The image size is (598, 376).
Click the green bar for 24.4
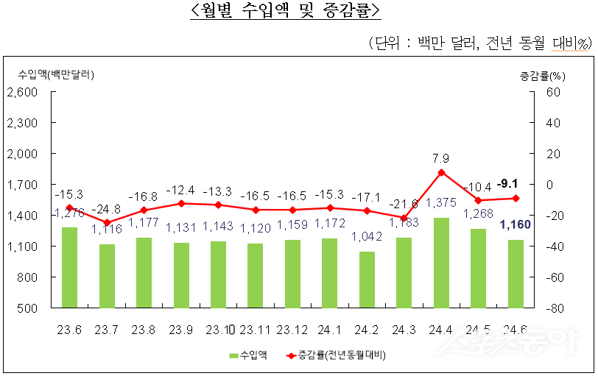440,263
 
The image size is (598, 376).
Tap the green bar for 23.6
69,267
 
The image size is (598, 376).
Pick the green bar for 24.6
515,274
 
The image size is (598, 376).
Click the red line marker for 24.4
440,172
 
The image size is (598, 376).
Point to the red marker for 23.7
106,222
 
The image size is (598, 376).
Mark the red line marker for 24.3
404,218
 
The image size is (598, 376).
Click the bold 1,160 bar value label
515,224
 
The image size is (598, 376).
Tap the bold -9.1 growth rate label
507,183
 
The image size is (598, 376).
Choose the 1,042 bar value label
366,237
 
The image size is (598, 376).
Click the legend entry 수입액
247,355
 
